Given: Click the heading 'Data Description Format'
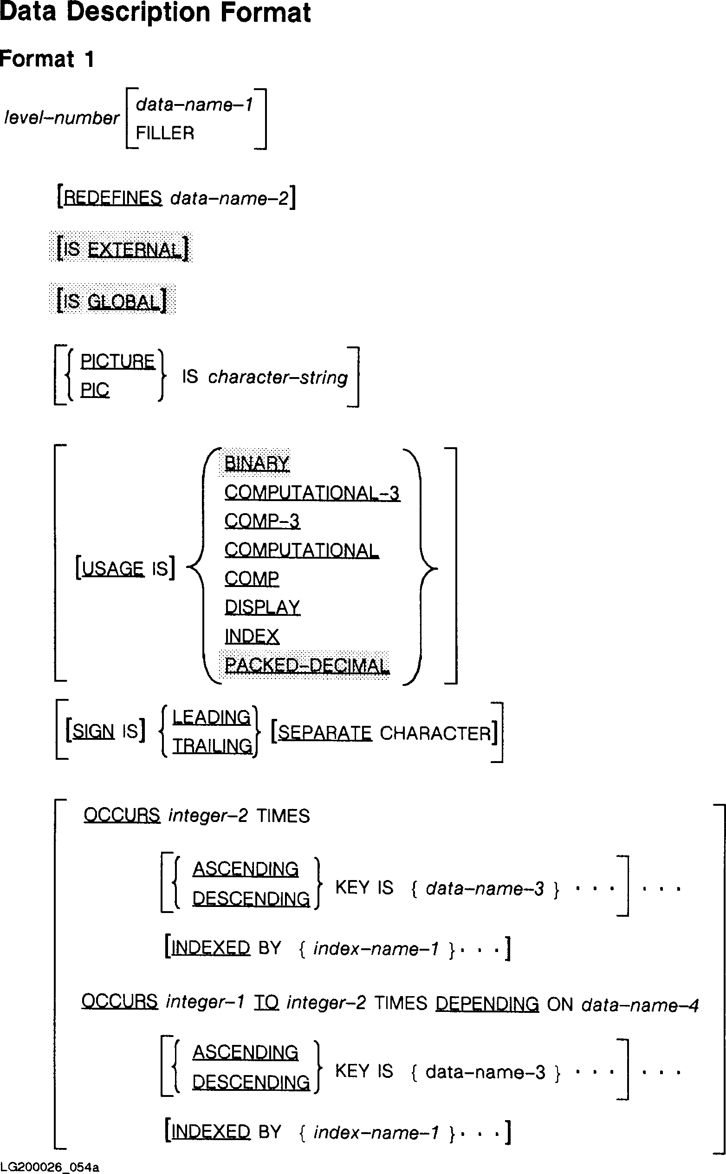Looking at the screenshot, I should (x=155, y=13).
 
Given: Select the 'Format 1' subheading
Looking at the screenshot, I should (x=46, y=59).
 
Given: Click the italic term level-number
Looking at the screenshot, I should (x=61, y=117).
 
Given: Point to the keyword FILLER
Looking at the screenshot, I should (x=165, y=133).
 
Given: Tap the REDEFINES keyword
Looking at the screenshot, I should (x=113, y=198).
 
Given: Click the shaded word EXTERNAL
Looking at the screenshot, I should (x=135, y=250).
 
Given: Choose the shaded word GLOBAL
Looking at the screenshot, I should (x=123, y=302).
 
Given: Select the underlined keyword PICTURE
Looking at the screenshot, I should (x=117, y=361).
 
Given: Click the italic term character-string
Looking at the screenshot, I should (x=278, y=378).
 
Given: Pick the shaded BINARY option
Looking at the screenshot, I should (x=257, y=463).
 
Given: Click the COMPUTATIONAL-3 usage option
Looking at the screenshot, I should (x=312, y=493).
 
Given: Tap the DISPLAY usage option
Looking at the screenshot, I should (x=262, y=607).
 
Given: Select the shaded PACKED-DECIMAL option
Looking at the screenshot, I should (x=307, y=665).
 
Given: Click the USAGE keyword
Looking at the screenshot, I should (x=113, y=569).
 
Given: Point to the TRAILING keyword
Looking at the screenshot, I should (x=212, y=746).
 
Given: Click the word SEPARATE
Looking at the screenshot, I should (x=324, y=733).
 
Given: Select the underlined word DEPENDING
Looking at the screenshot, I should (x=487, y=1004).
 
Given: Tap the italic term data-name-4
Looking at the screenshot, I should (x=640, y=1005).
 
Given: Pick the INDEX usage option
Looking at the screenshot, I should (x=252, y=637).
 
